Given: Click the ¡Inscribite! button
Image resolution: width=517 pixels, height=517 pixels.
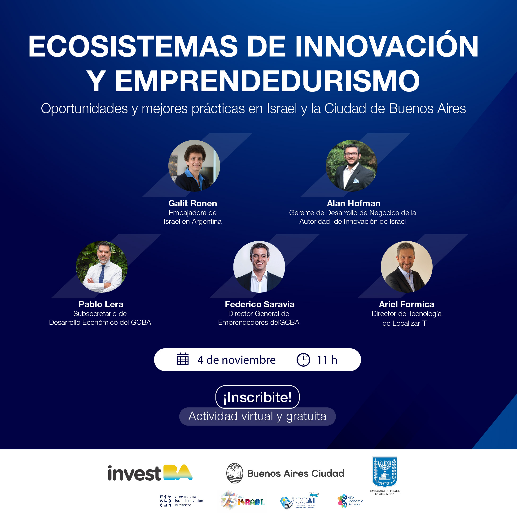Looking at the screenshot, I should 257,397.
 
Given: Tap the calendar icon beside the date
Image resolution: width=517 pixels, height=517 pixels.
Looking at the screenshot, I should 183,359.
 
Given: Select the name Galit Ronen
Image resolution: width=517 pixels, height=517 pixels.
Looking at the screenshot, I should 193,203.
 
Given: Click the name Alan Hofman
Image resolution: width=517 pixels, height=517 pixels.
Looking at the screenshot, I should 353,203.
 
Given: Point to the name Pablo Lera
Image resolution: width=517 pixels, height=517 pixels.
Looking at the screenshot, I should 101,304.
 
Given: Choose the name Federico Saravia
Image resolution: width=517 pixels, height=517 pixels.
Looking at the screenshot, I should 259,304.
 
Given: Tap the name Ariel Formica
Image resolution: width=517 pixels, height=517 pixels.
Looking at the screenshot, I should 406,304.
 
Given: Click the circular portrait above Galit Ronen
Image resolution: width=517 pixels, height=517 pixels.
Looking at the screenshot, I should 194,166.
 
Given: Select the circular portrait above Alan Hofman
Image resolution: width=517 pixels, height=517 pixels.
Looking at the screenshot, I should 351,166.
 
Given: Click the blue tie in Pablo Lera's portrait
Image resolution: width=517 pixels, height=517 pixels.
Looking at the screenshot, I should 102,274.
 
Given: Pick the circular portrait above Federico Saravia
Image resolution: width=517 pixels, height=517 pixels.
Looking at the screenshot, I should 259,267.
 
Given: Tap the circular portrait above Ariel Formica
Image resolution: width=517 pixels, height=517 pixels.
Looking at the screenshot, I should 406,267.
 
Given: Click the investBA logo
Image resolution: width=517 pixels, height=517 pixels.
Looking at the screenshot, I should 150,473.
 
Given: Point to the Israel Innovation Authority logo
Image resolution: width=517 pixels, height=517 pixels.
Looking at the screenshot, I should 181,501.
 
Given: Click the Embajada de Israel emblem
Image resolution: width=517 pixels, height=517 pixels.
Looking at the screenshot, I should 385,472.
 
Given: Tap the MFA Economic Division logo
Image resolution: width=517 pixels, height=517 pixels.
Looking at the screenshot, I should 350,501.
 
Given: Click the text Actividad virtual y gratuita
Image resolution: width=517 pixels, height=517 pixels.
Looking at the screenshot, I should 257,416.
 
